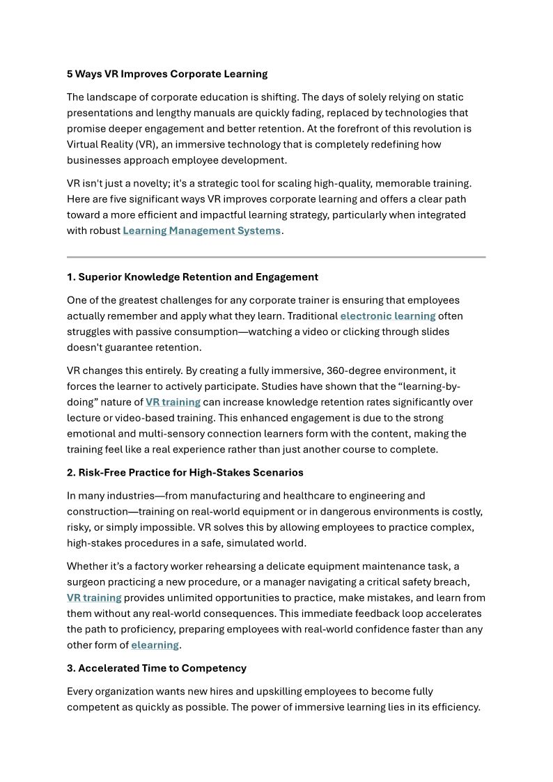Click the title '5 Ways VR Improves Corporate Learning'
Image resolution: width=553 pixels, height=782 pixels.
(167, 74)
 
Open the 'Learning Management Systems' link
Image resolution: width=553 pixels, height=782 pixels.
(202, 230)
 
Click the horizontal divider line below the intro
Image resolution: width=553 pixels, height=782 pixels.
(276, 257)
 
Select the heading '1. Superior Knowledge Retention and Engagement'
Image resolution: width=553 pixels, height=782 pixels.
(192, 277)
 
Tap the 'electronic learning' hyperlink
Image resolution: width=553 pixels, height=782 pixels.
(387, 316)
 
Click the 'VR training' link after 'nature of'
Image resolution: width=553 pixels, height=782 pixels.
(173, 402)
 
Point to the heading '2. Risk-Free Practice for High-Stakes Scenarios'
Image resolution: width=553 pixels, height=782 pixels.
(185, 473)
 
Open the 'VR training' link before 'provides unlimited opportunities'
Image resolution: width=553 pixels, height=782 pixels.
(94, 597)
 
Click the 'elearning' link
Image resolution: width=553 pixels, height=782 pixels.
(155, 645)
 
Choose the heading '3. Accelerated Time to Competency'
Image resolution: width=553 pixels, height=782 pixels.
(157, 668)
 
